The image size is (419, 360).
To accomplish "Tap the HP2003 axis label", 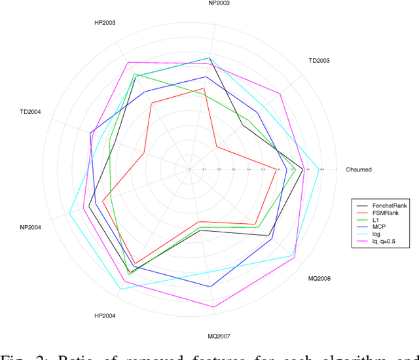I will point(105,23).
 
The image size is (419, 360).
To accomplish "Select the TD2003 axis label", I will point(319,61).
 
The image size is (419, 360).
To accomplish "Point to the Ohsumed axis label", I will point(359,170).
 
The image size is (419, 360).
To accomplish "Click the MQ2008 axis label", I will point(319,278).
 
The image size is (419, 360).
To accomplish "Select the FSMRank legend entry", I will point(386,213).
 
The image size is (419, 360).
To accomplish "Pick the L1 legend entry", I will point(376,220).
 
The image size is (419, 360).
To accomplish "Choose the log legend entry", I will point(377,234).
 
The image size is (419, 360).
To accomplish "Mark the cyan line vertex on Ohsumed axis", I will point(319,169).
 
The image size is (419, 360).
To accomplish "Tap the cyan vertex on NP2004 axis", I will point(70,212).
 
